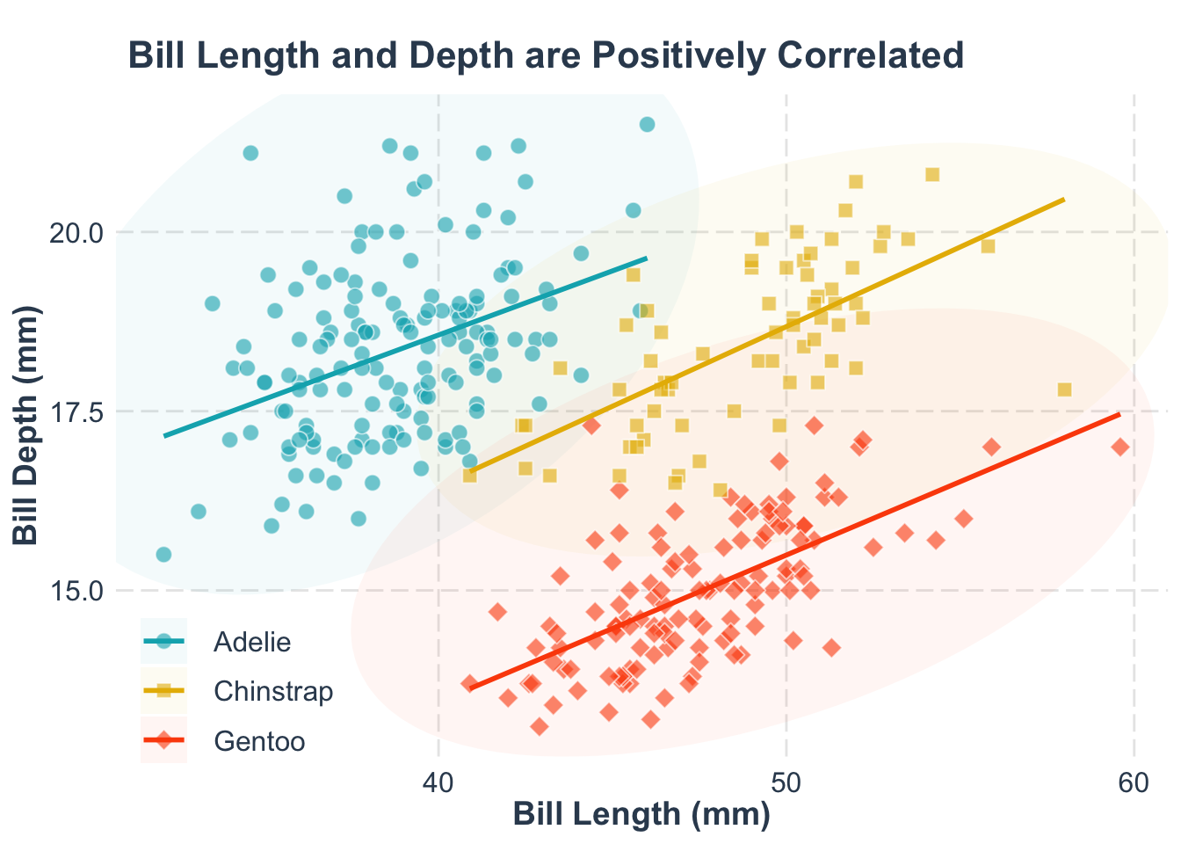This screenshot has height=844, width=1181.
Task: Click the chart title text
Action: pos(546,56)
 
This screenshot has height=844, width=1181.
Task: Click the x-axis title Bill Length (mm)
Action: pos(641,814)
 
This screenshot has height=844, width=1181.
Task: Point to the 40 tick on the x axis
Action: pos(438,782)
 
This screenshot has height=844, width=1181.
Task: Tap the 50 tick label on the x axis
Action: pos(786,782)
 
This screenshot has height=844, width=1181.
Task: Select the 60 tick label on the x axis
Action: pos(1134,782)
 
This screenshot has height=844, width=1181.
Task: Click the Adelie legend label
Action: pos(252,642)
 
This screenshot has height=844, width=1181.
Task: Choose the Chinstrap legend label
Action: pos(273,692)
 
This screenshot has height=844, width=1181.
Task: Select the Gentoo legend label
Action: pos(259,742)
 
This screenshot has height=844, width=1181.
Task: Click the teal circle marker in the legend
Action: pos(164,642)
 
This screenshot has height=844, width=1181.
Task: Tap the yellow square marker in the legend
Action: pos(164,692)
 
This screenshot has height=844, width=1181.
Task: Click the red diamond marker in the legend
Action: pos(164,742)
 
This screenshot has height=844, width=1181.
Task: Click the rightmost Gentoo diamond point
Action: pos(1120,447)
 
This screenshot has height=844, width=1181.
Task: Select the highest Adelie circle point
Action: pos(647,125)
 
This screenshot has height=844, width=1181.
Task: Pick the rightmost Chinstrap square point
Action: pos(1064,389)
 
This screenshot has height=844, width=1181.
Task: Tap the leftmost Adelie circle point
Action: pos(163,555)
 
